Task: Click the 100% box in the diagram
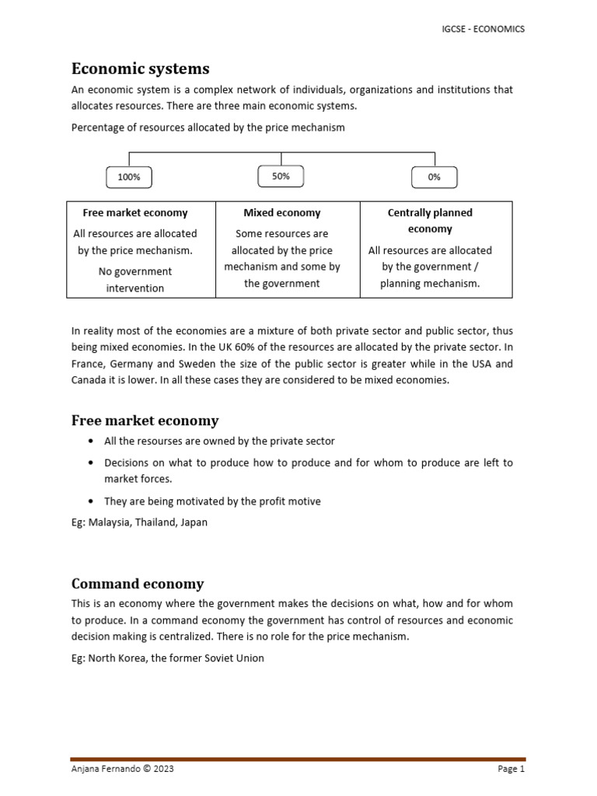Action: [x=129, y=177]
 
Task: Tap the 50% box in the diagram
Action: [x=281, y=176]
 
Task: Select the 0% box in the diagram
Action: [x=434, y=177]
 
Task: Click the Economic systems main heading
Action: [x=141, y=68]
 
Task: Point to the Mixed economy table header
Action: [x=282, y=212]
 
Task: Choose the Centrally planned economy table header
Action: [x=430, y=221]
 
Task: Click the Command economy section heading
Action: [x=138, y=584]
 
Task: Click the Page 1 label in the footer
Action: [x=511, y=770]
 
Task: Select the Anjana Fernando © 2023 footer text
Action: [x=123, y=770]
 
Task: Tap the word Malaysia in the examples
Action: [x=109, y=522]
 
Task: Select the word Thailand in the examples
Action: [x=155, y=522]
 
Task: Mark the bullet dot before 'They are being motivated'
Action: [x=93, y=501]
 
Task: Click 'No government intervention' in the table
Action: [x=135, y=280]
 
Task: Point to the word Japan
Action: [x=194, y=522]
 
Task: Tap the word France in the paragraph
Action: [x=88, y=364]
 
